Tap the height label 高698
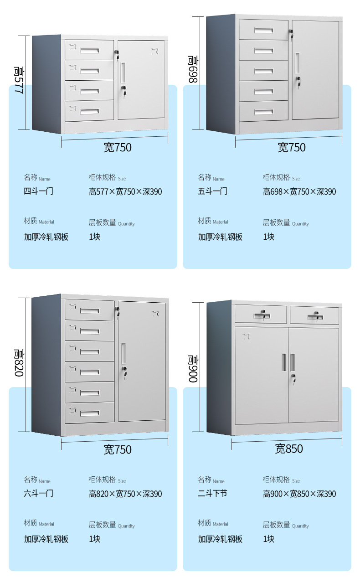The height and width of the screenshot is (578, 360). click(193, 69)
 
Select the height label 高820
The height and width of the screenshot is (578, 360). click(19, 363)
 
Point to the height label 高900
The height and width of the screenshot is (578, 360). click(193, 368)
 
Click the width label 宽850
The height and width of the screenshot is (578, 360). click(288, 449)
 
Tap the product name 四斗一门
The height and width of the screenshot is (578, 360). click(39, 191)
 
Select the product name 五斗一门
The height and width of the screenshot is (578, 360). click(212, 191)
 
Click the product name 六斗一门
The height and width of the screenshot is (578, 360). click(39, 494)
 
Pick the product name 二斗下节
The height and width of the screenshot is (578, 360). click(212, 494)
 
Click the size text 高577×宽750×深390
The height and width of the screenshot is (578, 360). click(125, 192)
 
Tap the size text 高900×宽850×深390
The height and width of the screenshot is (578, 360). click(299, 494)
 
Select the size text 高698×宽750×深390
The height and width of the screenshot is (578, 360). click(299, 192)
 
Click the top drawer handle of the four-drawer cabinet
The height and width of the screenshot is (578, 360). click(90, 50)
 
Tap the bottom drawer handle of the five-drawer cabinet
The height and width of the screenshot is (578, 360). click(264, 112)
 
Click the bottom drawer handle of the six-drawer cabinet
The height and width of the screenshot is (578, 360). click(90, 413)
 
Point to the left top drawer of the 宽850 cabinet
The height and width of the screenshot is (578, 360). click(261, 314)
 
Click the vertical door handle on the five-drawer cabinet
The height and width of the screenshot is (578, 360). click(297, 62)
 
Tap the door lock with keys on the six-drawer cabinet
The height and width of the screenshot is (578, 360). click(123, 372)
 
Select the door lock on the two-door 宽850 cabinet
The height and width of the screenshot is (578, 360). click(293, 378)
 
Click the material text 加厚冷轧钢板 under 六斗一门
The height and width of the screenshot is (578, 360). click(46, 539)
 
